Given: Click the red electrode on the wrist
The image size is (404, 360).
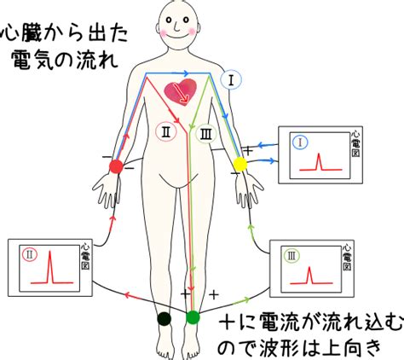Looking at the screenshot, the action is click(116, 166).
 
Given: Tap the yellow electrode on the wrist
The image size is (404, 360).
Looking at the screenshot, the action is click(240, 164).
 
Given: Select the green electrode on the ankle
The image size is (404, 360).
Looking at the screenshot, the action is click(193, 317).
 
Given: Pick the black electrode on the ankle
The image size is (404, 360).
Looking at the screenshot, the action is click(164, 318).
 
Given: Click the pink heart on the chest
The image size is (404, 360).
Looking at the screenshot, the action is click(181, 92).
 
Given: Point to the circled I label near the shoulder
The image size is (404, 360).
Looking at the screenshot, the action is click(231, 80).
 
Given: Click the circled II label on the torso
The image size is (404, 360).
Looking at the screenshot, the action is click(166, 132).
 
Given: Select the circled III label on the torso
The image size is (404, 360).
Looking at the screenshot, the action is click(206, 134).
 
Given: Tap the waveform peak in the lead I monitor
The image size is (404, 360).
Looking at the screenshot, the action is click(319, 154).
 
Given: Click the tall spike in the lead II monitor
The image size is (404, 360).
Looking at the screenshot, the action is click(50, 252).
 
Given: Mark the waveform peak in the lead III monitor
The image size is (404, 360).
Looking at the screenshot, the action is click(309, 268).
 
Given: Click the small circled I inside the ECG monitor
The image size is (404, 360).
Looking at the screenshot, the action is click(301, 142).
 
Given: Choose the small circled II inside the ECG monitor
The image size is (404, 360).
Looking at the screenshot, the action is click(30, 255).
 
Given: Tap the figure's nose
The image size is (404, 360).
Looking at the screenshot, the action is click(176, 26).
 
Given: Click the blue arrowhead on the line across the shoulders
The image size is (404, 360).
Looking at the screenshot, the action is click(185, 73).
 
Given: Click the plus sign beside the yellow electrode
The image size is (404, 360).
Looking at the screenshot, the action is click(249, 150).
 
